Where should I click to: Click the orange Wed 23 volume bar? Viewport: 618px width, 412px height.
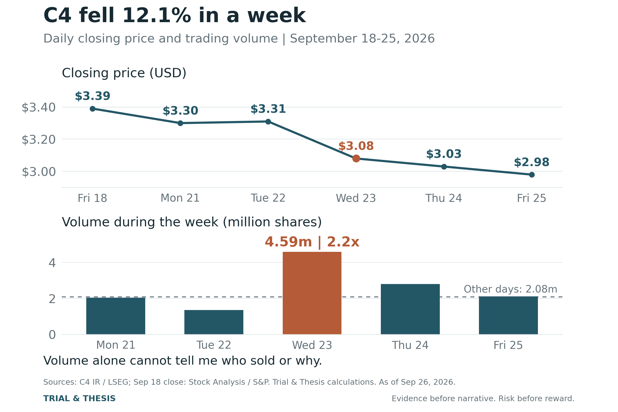[312, 293]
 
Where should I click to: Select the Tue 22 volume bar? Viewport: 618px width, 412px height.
[214, 322]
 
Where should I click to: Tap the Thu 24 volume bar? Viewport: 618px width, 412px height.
[410, 309]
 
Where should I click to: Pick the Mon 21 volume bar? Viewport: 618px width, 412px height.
[116, 316]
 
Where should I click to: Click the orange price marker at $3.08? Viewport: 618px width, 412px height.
[356, 158]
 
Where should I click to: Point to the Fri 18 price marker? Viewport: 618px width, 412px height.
[92, 109]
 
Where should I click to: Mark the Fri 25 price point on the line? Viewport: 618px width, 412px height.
[531, 175]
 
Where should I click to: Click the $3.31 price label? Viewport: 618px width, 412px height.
[268, 109]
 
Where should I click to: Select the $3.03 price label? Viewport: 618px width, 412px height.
[444, 154]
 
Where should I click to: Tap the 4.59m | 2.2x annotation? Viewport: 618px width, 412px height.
[312, 242]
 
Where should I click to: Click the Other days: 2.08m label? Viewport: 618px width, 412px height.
[511, 289]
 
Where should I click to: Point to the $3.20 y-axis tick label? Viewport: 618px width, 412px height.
[39, 140]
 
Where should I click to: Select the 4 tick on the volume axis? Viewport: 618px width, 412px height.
[52, 263]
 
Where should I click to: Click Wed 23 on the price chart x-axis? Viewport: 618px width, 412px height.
[356, 198]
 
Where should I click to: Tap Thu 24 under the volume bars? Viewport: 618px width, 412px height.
[410, 345]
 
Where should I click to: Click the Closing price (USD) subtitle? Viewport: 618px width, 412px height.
[124, 73]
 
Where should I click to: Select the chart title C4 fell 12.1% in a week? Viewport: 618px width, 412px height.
[175, 16]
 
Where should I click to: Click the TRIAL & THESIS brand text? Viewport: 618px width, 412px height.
[79, 399]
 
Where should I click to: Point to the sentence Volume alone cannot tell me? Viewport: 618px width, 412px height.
[183, 361]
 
